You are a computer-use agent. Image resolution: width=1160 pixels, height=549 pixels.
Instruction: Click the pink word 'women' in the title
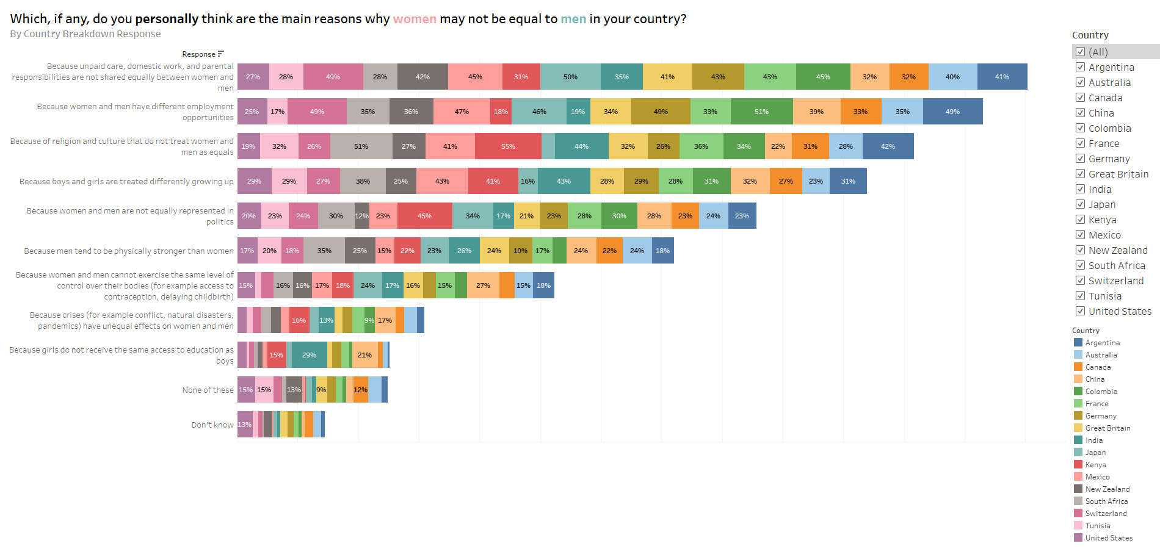[415, 19]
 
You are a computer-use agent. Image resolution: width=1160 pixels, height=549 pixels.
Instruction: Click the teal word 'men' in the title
[573, 19]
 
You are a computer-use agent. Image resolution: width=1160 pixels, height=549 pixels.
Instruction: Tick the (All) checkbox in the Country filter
[1080, 52]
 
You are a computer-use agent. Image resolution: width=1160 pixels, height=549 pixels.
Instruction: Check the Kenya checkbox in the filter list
[1080, 220]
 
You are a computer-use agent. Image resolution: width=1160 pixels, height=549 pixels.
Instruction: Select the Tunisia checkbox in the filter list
[1080, 296]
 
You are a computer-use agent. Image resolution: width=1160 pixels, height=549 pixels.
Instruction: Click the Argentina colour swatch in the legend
[1078, 343]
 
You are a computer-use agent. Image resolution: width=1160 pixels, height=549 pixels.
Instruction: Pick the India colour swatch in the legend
[1078, 440]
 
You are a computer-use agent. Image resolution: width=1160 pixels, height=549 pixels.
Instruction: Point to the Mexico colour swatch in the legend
[1078, 477]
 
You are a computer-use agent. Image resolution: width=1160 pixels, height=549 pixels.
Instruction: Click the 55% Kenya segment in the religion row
[508, 146]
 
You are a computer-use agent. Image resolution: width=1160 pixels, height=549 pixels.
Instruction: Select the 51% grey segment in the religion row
[361, 146]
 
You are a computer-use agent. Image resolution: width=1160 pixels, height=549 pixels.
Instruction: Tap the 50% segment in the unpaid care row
[570, 77]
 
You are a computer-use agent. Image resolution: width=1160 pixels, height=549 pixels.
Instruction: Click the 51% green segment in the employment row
[761, 112]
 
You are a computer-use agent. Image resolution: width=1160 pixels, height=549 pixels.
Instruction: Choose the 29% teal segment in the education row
[309, 355]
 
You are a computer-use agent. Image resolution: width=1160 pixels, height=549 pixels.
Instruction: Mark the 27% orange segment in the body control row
[483, 285]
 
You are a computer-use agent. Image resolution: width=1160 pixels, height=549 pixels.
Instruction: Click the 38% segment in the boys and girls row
[363, 181]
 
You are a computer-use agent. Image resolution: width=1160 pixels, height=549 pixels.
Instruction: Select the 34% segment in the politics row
[473, 216]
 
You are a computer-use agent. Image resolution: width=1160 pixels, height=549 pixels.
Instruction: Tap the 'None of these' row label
[208, 390]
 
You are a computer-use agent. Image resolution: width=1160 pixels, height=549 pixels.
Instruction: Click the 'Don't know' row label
[212, 425]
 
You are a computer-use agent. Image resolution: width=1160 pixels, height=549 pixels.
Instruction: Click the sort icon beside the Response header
[221, 54]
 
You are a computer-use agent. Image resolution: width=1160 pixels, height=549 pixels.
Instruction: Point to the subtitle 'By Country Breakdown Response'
[85, 34]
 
